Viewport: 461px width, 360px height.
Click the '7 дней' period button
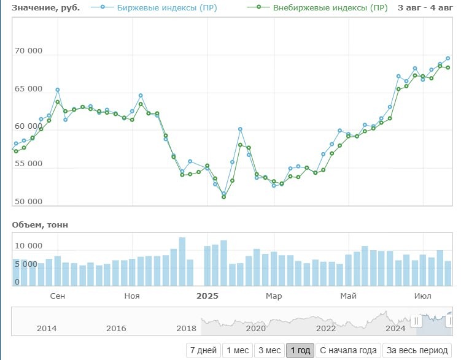[203, 351]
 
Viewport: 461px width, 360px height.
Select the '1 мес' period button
[238, 351]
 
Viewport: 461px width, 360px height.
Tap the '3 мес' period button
[269, 351]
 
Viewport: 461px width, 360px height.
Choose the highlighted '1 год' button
[300, 351]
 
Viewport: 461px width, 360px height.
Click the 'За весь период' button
[416, 351]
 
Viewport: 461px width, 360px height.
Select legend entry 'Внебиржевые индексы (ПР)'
[318, 8]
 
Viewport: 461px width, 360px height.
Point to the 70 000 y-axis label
[28, 51]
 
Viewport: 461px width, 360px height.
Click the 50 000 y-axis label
[28, 202]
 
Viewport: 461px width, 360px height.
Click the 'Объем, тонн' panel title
[40, 225]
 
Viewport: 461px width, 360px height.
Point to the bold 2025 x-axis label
[207, 296]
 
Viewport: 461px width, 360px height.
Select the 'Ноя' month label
[131, 296]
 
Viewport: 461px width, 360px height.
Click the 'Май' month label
[348, 296]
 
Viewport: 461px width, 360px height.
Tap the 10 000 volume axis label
[28, 246]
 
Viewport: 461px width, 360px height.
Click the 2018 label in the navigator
[187, 328]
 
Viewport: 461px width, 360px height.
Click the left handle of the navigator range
[416, 321]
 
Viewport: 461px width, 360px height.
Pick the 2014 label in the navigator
[47, 328]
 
